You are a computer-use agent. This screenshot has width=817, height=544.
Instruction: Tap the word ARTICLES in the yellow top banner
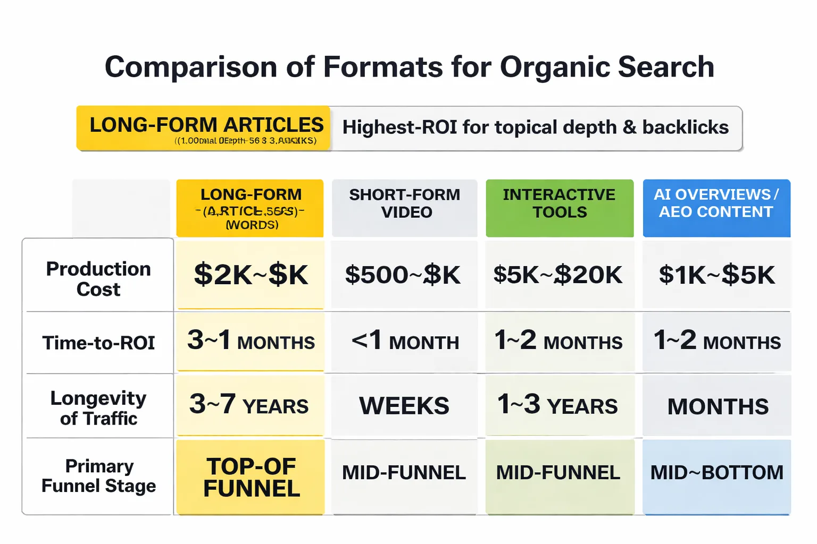[x=273, y=125]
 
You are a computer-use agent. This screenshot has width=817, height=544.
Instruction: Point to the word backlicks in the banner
[x=686, y=127]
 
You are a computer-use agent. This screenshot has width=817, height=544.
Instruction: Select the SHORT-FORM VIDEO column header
[x=405, y=203]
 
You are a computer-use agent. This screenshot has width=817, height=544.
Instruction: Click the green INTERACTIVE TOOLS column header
[x=560, y=203]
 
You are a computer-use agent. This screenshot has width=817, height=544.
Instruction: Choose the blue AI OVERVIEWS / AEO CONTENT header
[x=716, y=203]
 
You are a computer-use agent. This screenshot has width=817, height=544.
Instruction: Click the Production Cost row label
[x=98, y=279]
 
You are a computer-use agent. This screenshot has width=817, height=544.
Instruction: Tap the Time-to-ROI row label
[x=98, y=343]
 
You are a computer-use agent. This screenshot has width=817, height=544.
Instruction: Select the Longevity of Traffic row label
[x=98, y=408]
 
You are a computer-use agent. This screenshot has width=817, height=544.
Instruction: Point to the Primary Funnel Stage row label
[x=98, y=476]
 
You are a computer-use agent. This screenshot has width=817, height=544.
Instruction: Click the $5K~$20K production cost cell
[x=558, y=275]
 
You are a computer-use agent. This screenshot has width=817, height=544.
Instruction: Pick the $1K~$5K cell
[x=717, y=275]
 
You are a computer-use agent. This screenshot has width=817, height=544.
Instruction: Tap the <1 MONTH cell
[x=405, y=341]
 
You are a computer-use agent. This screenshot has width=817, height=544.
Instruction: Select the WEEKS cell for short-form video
[x=404, y=406]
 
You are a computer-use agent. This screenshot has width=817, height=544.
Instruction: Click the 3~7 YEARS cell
[x=249, y=405]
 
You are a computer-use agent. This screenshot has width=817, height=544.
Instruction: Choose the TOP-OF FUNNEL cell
[x=251, y=477]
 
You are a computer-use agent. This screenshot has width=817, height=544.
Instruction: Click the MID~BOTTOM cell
[x=717, y=472]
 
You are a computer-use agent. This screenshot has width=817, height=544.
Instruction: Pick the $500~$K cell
[x=403, y=275]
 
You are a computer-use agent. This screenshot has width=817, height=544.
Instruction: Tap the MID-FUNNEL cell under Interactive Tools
[x=558, y=472]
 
